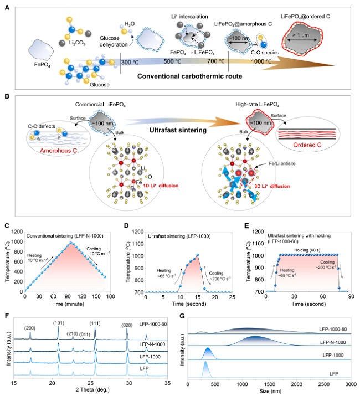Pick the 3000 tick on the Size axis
349,383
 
